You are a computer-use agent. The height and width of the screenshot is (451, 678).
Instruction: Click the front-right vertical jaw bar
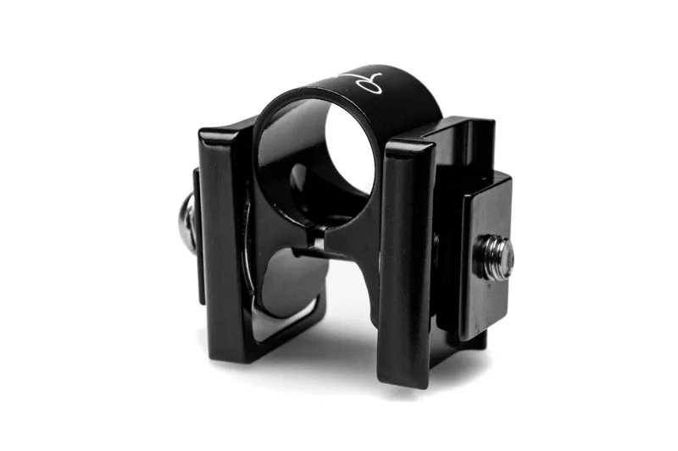[x=406, y=254]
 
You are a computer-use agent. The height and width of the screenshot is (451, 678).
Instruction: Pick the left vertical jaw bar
[x=224, y=237]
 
